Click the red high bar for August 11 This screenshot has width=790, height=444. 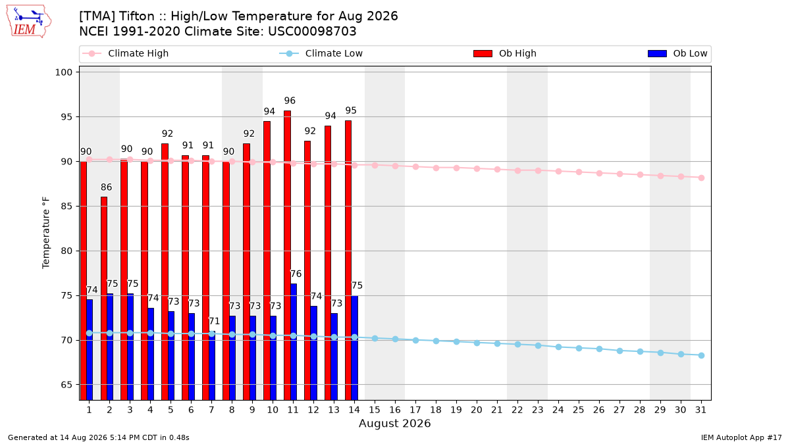288,255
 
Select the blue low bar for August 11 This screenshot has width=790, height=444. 294,342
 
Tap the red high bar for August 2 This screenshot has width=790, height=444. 104,299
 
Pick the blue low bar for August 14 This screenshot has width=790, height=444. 354,348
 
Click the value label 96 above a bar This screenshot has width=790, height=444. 290,101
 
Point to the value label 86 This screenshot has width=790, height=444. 106,187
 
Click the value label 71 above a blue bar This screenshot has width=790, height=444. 214,322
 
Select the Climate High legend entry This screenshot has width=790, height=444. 125,53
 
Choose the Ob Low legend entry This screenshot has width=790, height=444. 677,53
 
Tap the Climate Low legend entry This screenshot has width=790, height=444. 321,53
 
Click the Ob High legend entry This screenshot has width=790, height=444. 505,53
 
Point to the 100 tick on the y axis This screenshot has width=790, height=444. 63,72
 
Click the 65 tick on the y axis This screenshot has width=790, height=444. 66,385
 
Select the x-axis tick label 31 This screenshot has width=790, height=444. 700,410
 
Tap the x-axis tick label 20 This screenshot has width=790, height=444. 477,410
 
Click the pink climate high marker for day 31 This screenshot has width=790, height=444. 701,178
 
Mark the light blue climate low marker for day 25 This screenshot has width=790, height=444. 579,348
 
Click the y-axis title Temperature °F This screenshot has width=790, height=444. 46,233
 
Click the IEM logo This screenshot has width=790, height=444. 28,22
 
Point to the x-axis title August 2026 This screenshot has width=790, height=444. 394,423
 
